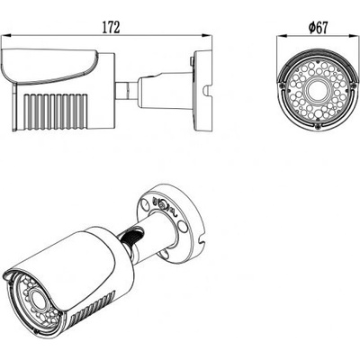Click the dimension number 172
point(111,28)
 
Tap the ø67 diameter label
point(318,28)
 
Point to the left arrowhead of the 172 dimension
point(6,36)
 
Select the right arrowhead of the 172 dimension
point(207,36)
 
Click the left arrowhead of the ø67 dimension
point(282,36)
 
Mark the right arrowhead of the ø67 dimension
point(354,36)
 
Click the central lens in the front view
point(318,90)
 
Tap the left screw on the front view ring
point(283,85)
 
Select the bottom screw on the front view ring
point(318,126)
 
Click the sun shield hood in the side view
point(49,66)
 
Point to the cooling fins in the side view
point(56,112)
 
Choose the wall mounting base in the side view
point(203,91)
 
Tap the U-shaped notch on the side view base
point(208,92)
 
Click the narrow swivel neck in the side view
point(127,90)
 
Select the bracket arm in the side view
point(165,90)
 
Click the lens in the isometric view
point(35,298)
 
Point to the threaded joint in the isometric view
point(132,237)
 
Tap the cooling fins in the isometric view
point(92,308)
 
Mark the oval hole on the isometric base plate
point(182,227)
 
